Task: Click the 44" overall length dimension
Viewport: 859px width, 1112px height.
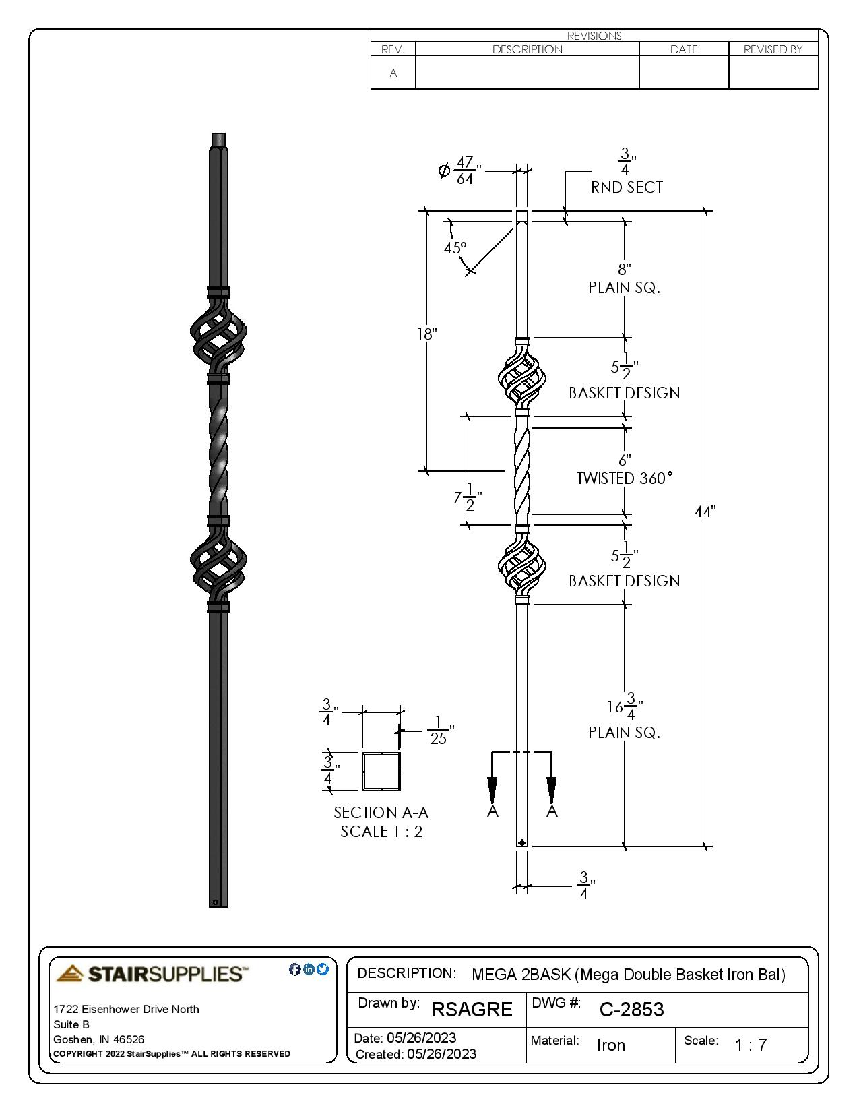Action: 704,512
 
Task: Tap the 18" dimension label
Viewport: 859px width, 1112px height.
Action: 426,334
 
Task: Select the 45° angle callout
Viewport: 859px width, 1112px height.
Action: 455,248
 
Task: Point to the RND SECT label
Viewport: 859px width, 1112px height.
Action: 627,187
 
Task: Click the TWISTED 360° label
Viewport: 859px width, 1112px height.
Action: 624,478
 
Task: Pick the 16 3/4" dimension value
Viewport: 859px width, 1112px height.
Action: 625,706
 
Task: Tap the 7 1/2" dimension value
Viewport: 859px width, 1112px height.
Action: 467,499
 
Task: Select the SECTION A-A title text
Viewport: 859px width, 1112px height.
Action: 381,813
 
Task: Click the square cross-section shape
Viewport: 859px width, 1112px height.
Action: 381,771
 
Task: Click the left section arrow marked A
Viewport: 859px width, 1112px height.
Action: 492,789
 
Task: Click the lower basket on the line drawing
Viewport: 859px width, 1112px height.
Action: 521,565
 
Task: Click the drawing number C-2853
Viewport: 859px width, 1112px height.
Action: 631,1010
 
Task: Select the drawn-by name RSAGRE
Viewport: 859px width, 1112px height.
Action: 472,1010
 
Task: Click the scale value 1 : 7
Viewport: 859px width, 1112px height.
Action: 750,1045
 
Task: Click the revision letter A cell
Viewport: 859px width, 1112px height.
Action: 393,73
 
